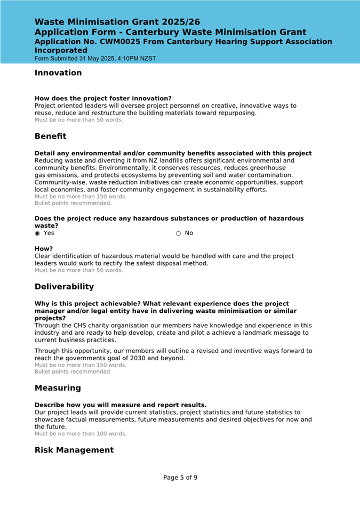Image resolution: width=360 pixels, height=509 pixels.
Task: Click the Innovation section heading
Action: [58, 73]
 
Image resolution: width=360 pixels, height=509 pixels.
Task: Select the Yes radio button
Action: [37, 233]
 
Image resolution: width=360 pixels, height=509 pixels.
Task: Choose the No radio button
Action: [179, 233]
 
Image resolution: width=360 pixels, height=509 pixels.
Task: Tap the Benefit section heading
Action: [50, 136]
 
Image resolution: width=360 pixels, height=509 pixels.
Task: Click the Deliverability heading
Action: [64, 287]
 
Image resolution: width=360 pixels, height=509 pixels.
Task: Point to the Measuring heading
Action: [58, 388]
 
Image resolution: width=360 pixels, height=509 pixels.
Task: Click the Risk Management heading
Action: [74, 450]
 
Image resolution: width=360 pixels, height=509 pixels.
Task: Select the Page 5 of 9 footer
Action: [180, 478]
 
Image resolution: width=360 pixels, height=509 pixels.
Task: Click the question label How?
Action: [44, 249]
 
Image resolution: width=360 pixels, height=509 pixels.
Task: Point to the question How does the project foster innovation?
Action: [103, 99]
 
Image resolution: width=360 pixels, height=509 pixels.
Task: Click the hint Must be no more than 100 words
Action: [81, 434]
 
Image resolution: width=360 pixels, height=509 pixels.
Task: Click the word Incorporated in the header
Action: [61, 50]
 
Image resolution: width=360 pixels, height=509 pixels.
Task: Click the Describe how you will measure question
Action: [121, 405]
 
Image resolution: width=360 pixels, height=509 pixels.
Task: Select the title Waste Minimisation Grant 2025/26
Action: [117, 22]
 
